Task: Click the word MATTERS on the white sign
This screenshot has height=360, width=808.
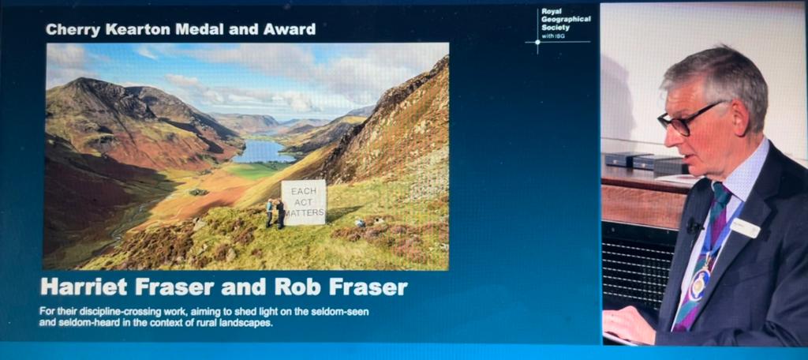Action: coord(304,214)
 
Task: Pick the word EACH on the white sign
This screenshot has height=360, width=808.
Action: coord(304,191)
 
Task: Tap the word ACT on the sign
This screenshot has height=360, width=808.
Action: coord(304,202)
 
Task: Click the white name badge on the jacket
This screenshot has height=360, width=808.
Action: coord(744,228)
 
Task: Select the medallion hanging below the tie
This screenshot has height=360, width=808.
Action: coord(698,285)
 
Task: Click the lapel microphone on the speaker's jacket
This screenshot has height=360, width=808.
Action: coord(692,227)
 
